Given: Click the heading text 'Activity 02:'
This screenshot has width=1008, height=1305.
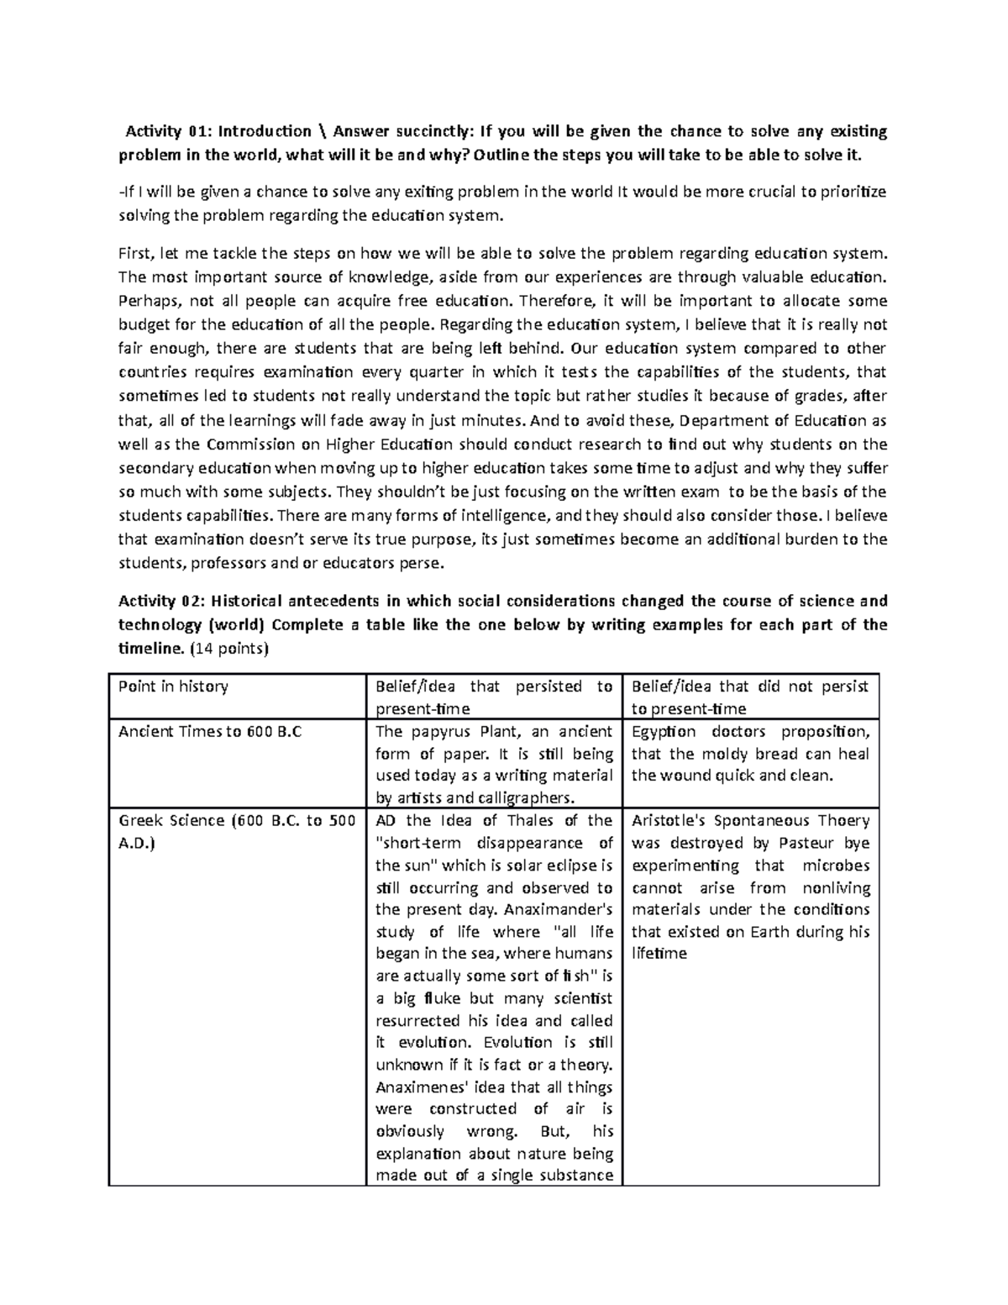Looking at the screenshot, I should click(160, 601).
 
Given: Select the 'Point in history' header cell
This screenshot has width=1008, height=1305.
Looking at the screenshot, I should click(173, 687).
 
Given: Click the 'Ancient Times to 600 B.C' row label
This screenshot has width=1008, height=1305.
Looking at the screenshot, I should click(198, 732).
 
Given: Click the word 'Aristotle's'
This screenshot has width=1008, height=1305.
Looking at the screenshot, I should click(672, 821).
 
